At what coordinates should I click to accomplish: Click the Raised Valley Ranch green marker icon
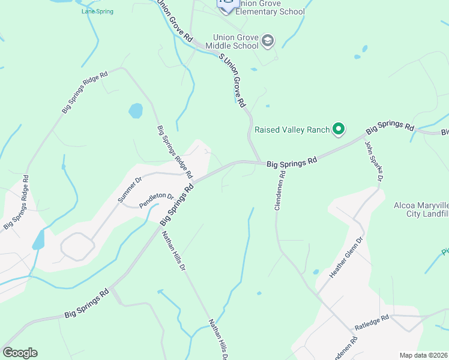tap(339, 128)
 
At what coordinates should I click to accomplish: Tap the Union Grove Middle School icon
tap(268, 41)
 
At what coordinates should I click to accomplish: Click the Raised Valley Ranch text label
tap(292, 129)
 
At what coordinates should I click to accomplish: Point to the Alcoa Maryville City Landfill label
tap(421, 209)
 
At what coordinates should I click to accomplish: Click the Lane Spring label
tap(97, 11)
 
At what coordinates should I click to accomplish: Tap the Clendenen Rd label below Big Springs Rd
tap(280, 190)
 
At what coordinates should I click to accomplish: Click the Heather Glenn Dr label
tap(347, 257)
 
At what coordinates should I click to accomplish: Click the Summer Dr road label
tap(130, 190)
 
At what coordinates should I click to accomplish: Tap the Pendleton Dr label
tap(156, 200)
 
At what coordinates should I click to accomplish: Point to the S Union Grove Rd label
tap(233, 80)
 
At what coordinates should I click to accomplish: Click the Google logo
tap(20, 353)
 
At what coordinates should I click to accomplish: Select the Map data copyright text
tap(423, 355)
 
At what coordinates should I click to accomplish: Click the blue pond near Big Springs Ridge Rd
tap(136, 111)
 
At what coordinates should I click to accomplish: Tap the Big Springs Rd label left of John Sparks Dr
tap(291, 162)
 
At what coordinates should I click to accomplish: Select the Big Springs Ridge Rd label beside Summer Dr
tap(175, 152)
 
